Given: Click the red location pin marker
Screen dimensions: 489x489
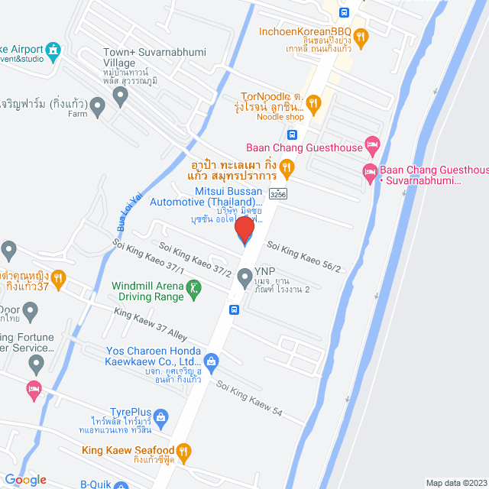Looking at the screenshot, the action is click(244, 228).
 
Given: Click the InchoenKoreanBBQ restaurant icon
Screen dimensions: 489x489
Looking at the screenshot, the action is click(361, 35).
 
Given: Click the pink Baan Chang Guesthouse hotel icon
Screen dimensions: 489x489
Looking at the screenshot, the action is click(372, 143).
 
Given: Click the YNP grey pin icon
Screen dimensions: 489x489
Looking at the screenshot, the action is click(244, 277).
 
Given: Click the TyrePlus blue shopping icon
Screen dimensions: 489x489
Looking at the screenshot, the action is click(160, 416).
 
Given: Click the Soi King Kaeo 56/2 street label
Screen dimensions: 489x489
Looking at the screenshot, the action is click(303, 253).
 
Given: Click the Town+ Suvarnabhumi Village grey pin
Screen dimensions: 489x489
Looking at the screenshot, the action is click(119, 96).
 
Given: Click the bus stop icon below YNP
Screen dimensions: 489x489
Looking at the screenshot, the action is click(234, 309).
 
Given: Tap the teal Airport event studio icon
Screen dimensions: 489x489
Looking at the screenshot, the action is click(53, 51).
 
